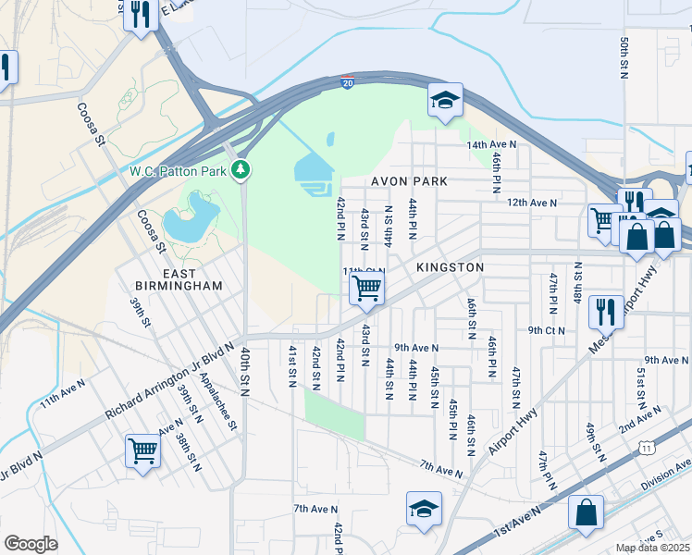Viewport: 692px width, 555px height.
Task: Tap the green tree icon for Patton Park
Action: (x=241, y=169)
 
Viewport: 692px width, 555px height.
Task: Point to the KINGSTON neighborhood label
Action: (x=450, y=266)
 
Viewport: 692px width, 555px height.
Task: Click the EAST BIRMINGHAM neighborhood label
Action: (x=179, y=279)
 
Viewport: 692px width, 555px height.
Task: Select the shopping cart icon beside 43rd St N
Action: (x=366, y=289)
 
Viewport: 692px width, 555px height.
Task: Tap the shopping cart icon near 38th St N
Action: (x=143, y=451)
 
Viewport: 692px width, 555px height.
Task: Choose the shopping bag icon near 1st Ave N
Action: (x=586, y=512)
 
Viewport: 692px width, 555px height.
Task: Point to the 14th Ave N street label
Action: (x=491, y=145)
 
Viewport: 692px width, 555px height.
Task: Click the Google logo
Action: (x=31, y=544)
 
